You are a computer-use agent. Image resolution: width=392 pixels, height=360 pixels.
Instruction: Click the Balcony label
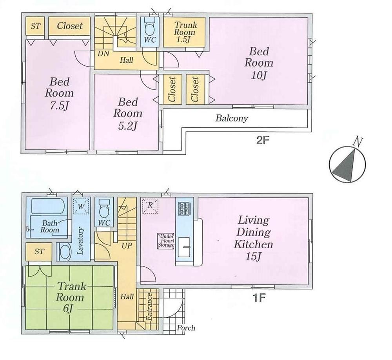pyautogui.click(x=232, y=118)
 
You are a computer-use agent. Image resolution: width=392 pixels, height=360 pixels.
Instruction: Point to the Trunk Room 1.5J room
pyautogui.click(x=184, y=31)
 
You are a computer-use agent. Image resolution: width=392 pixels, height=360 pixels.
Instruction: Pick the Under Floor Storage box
pyautogui.click(x=166, y=240)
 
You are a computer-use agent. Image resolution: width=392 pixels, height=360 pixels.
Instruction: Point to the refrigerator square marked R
pyautogui.click(x=150, y=206)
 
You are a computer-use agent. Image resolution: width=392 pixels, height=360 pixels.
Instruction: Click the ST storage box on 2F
pyautogui.click(x=36, y=26)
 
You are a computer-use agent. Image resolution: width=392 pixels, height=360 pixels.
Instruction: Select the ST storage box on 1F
pyautogui.click(x=39, y=252)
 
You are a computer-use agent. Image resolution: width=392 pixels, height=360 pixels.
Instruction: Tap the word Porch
pyautogui.click(x=186, y=328)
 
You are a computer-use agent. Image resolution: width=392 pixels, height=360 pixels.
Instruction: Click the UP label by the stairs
pyautogui.click(x=127, y=246)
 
